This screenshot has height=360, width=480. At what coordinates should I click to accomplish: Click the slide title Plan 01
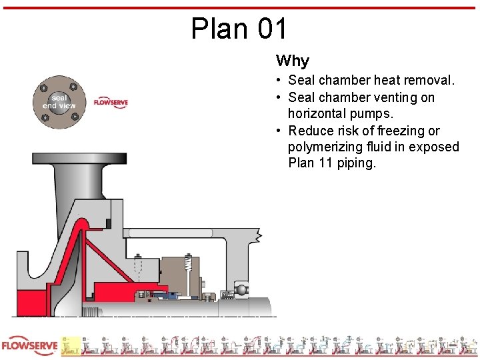(x=239, y=29)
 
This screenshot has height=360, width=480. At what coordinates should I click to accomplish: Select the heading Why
(x=293, y=61)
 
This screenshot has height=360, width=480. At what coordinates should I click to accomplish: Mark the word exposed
(x=433, y=147)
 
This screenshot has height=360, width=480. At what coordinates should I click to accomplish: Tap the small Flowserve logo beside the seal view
(x=111, y=103)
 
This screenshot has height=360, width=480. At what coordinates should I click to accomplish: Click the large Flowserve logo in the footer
(x=28, y=347)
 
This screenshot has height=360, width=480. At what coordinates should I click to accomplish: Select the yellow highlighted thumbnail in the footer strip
(x=71, y=345)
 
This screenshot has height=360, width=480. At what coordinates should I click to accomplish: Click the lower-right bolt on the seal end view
(x=73, y=118)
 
